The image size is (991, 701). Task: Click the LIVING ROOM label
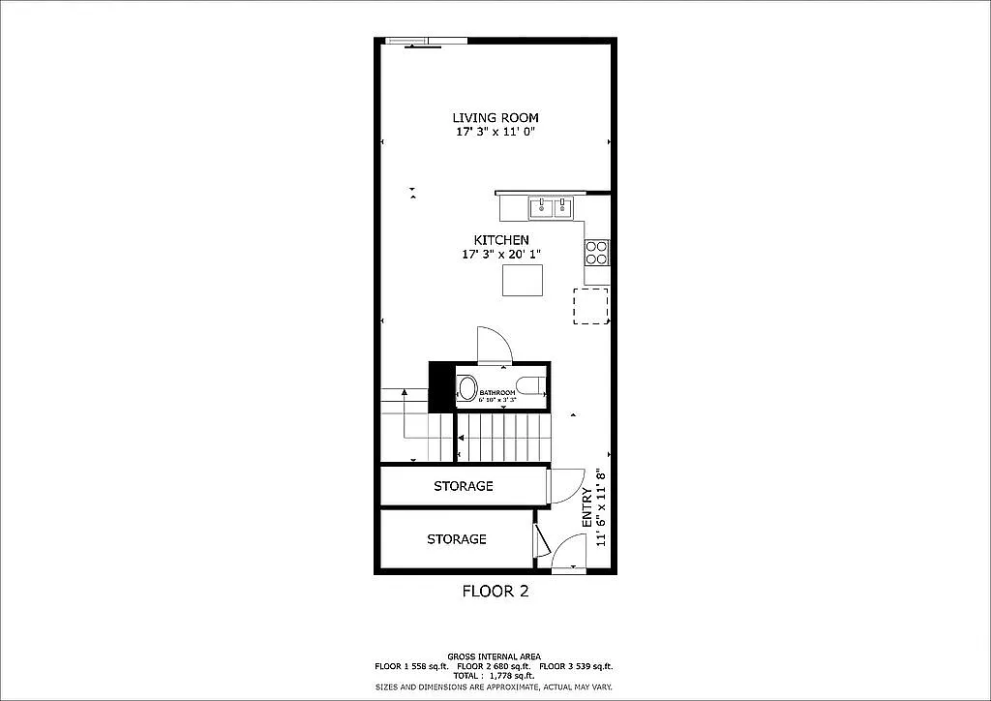coord(495,117)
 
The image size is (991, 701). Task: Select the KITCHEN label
coord(500,240)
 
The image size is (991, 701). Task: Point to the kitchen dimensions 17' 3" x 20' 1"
coord(500,255)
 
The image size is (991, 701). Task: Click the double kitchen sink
coord(550,206)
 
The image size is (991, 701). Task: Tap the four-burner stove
coord(596,253)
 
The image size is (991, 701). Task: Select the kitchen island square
coord(522,280)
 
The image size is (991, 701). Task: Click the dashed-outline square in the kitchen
coord(590,306)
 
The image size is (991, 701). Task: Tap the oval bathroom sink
coord(467,389)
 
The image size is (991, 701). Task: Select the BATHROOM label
coord(497,392)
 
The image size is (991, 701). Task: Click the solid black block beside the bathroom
coord(441,385)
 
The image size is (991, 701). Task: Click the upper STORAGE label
coord(463,486)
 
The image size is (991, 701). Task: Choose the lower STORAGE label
coord(456,538)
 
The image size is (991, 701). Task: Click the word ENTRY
coord(586,507)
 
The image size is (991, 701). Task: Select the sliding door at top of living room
coord(426,42)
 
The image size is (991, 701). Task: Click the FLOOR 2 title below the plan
coord(495,591)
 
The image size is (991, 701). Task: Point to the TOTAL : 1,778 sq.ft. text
coord(494,675)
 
